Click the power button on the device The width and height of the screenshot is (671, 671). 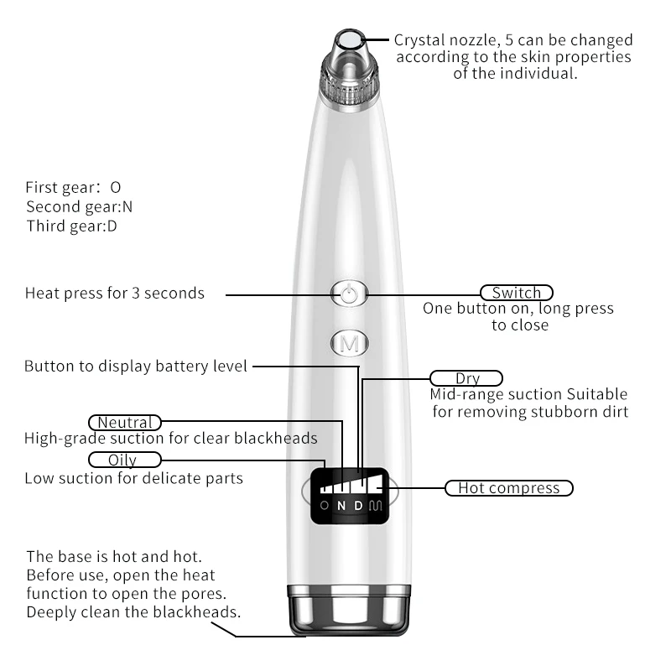[x=349, y=294]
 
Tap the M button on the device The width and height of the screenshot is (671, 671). [x=350, y=343]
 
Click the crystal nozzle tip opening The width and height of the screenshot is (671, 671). [x=350, y=40]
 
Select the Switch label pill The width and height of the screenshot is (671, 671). [x=517, y=293]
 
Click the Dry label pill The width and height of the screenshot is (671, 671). [x=466, y=378]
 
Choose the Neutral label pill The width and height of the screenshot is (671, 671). [x=124, y=423]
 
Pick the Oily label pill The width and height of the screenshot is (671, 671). [x=124, y=460]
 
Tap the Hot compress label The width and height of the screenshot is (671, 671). [x=509, y=488]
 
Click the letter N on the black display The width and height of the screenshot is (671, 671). [x=341, y=506]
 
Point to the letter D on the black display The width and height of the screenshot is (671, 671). [x=359, y=506]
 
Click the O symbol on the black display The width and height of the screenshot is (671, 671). [x=325, y=506]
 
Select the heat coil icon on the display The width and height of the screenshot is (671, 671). [x=375, y=506]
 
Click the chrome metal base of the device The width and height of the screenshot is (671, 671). [x=349, y=611]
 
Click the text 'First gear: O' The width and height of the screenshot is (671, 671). [x=73, y=187]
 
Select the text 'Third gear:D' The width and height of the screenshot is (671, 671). [x=71, y=226]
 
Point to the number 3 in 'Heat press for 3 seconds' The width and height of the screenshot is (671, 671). [x=136, y=293]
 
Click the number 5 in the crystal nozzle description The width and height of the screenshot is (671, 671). [x=509, y=39]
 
